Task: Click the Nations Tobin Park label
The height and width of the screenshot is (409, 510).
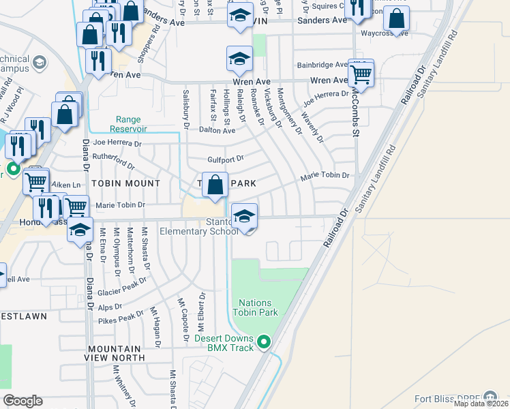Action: click(256, 307)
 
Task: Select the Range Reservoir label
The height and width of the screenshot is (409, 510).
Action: click(127, 124)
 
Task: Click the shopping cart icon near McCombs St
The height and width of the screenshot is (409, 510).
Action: click(361, 74)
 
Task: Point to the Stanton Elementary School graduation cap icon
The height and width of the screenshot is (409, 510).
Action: click(244, 217)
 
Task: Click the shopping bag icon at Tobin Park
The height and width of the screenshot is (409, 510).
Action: click(215, 185)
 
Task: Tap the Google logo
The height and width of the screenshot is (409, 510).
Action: click(22, 401)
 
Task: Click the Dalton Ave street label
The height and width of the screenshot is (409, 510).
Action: click(217, 130)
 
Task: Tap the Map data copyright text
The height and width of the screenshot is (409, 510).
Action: click(481, 404)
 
